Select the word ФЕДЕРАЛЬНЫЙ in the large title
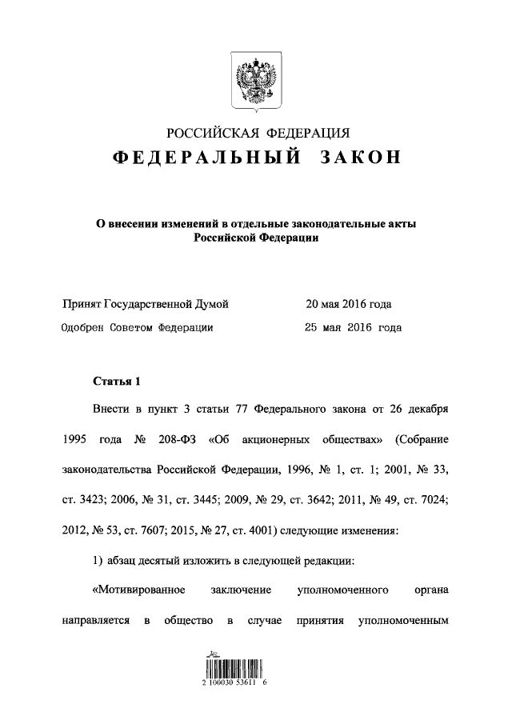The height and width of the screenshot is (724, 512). pos(206,158)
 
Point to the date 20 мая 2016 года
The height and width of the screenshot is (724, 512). pos(348,304)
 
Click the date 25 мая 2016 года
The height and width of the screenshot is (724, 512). pos(354,327)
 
